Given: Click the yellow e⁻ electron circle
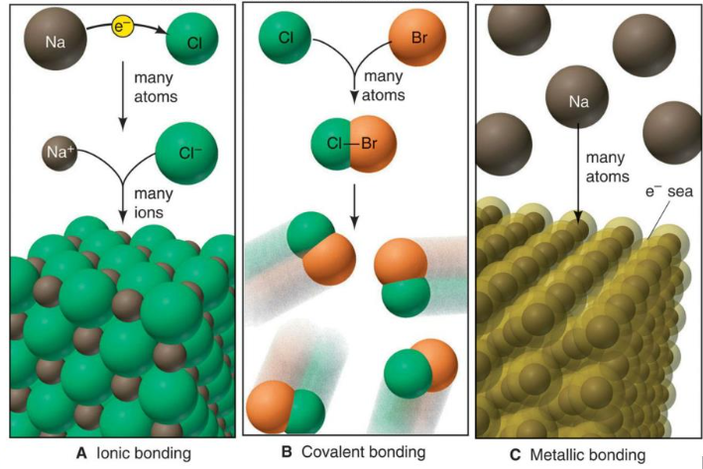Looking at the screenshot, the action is coord(122,27).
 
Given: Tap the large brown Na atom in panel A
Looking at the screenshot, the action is coord(56,39).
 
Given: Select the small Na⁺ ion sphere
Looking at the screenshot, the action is coord(59,153).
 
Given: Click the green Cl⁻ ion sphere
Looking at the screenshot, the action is coord(187,154).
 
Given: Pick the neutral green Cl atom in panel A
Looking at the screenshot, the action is coord(192,39).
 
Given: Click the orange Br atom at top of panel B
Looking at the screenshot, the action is coord(417,38).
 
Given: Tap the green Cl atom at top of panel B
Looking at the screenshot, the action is coord(286,38).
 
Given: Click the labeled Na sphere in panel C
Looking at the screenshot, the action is coord(577,97).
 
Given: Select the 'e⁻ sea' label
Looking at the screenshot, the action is coord(669,191).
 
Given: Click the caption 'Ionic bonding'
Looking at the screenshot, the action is coord(144,453).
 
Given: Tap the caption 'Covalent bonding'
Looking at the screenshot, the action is coord(363,452).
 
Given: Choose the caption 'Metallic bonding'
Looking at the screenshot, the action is coord(588,455).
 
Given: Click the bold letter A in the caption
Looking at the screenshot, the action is coord(81,453).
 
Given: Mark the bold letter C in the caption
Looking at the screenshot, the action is coord(516,455).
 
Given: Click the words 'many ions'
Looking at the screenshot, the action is coord(154,202).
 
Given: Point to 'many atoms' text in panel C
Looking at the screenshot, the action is coord(607,167).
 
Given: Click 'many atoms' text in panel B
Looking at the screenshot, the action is coord(384,85).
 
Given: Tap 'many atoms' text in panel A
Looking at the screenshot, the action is coord(156,87).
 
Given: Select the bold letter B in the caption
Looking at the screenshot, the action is coord(287,452).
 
